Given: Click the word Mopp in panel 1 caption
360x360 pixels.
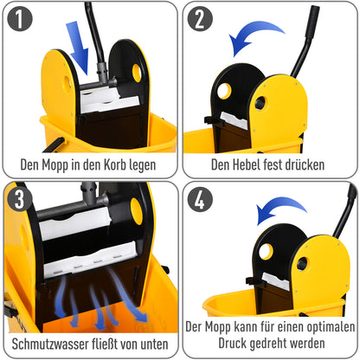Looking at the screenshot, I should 65,163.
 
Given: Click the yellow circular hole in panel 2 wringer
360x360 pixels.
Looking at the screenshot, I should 225,90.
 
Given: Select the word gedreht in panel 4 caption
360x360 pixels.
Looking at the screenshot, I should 266,343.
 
